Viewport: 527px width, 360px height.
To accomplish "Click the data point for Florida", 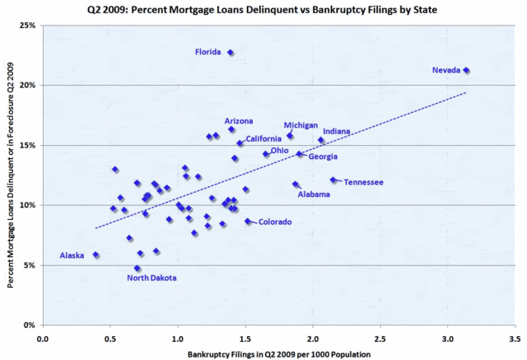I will click(x=231, y=53).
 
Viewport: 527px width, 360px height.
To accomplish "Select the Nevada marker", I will click(x=466, y=71).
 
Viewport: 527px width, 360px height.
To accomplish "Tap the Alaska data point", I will click(x=96, y=255).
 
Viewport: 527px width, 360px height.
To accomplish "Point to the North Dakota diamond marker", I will click(x=138, y=269).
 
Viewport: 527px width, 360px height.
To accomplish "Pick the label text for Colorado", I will click(x=275, y=222).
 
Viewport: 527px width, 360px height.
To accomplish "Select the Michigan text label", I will click(x=301, y=125).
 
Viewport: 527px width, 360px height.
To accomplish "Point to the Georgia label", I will click(x=323, y=157).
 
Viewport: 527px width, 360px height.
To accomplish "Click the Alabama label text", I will click(x=314, y=194).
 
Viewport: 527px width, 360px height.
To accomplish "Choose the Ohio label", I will click(x=280, y=151).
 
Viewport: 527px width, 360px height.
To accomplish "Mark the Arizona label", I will click(x=239, y=121).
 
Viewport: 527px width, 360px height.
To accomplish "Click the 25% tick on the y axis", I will click(x=27, y=26).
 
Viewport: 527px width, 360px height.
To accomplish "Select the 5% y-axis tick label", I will click(x=30, y=265).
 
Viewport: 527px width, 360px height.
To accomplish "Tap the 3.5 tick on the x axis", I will click(x=515, y=336).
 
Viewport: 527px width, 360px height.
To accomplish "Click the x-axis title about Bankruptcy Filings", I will click(x=278, y=353).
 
